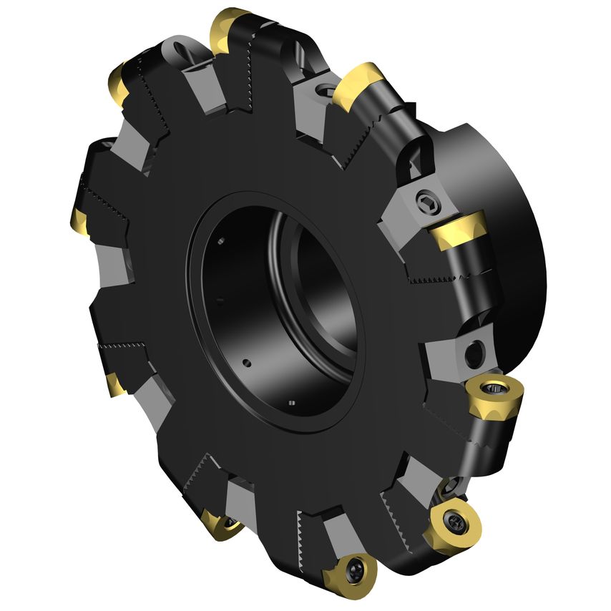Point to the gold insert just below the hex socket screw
[460, 230]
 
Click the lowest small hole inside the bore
[290, 403]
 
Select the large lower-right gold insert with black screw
[452, 525]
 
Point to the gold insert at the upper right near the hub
[358, 84]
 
